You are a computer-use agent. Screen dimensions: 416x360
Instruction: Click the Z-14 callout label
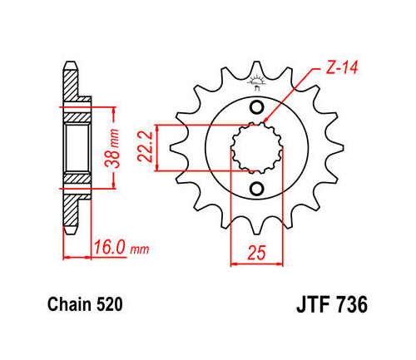(342, 67)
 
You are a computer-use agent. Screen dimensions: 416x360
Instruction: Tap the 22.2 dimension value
(145, 147)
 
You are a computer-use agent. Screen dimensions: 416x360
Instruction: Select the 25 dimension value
(256, 253)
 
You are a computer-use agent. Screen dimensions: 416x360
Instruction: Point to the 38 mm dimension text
(112, 149)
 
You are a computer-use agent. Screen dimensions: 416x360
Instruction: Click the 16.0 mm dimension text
(121, 248)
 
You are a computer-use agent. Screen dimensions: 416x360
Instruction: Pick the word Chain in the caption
(69, 304)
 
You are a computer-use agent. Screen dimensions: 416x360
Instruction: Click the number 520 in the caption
(109, 304)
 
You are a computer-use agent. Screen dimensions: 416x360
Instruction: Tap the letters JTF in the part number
(314, 305)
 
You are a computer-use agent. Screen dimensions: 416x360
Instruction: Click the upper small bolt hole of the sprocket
(256, 107)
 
